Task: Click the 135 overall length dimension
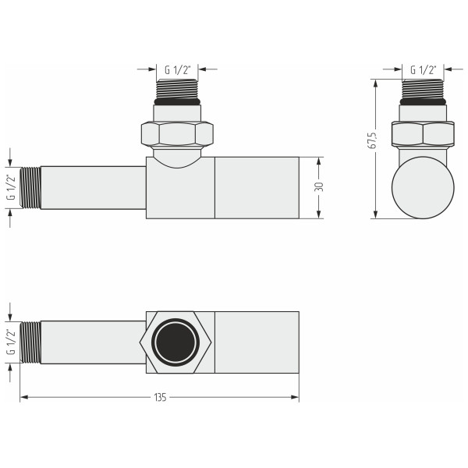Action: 160,398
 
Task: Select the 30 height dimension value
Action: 319,187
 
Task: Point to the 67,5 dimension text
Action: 374,140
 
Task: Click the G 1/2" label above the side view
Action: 424,69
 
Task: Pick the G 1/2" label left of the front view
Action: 10,187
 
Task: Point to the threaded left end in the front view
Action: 30,187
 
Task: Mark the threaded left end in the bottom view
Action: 30,342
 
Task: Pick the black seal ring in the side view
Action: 423,102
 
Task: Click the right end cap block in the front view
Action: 257,187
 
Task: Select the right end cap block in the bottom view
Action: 257,342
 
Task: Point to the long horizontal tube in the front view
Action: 93,187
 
